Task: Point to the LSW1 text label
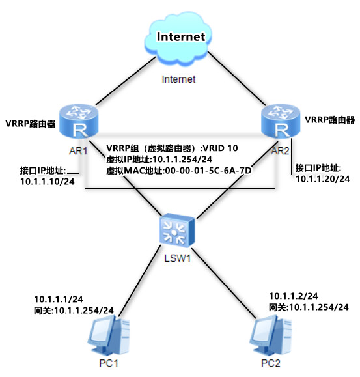pyautogui.click(x=176, y=261)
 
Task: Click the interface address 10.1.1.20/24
pyautogui.click(x=323, y=178)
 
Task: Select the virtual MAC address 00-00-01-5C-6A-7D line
pyautogui.click(x=178, y=169)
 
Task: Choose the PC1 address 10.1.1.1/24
pyautogui.click(x=57, y=299)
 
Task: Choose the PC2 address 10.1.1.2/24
pyautogui.click(x=293, y=295)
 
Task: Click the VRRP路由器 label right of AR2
pyautogui.click(x=331, y=120)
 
